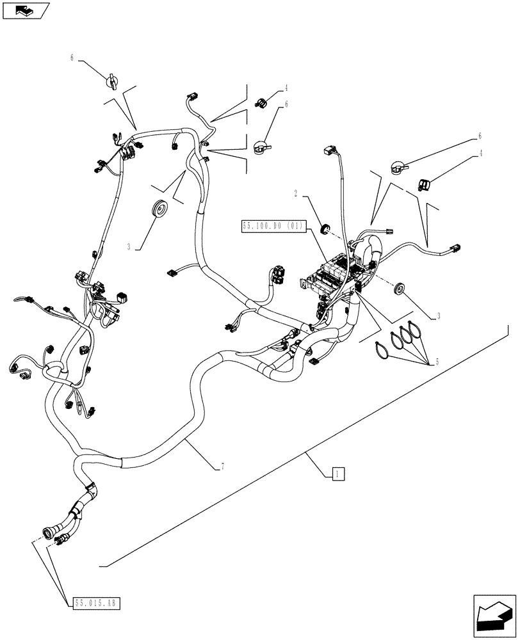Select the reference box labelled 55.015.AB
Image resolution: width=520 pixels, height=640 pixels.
click(95, 603)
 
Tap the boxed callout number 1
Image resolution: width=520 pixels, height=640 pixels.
click(338, 474)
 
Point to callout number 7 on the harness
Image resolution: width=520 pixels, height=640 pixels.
click(222, 468)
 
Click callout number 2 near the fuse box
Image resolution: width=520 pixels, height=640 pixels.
click(295, 193)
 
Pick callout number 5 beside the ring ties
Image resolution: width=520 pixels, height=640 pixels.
click(437, 362)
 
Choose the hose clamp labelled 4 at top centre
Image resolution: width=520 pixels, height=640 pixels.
click(262, 100)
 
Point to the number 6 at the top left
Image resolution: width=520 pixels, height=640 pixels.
click(72, 58)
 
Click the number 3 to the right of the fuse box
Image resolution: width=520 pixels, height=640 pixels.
click(437, 316)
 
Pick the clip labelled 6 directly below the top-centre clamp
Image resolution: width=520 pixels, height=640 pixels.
click(261, 148)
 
